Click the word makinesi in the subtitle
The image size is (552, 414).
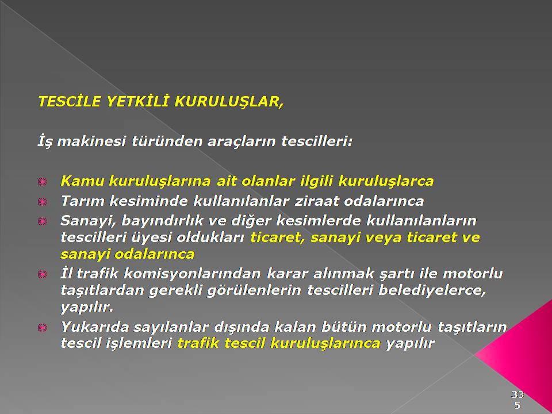pyautogui.click(x=91, y=141)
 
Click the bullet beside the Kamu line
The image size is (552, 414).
pyautogui.click(x=42, y=182)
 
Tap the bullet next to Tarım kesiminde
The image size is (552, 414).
pyautogui.click(x=42, y=202)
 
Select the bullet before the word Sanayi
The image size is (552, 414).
pyautogui.click(x=42, y=221)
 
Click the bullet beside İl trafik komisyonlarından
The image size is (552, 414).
pyautogui.click(x=42, y=274)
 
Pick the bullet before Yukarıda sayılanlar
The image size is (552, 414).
pyautogui.click(x=42, y=328)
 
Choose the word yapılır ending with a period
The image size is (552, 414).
pyautogui.click(x=87, y=308)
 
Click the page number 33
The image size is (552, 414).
pyautogui.click(x=517, y=394)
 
